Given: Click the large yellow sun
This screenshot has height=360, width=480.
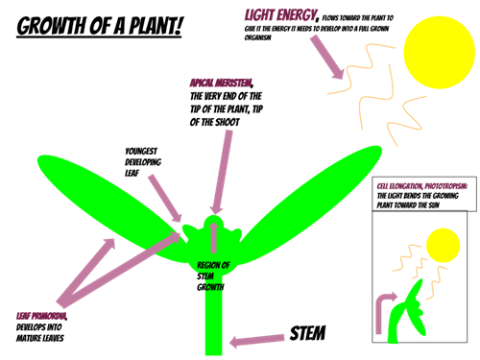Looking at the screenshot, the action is (x=439, y=52).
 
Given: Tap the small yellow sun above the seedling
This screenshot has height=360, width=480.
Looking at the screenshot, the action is (x=443, y=245).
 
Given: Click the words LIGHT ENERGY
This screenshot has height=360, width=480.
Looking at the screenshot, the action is (x=280, y=15).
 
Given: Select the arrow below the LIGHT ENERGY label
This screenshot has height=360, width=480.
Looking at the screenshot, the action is (x=326, y=57).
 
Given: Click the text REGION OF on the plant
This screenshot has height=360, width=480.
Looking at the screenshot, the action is (x=213, y=265).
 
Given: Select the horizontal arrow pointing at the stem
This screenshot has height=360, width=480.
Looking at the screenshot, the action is (x=257, y=340).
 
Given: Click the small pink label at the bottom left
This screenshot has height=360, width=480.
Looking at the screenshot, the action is (x=40, y=315).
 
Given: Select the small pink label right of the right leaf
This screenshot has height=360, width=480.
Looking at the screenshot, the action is (x=421, y=185).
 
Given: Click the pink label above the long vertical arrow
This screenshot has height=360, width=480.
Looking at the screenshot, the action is (x=220, y=84).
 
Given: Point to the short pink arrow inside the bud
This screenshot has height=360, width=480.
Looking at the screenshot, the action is (x=213, y=237).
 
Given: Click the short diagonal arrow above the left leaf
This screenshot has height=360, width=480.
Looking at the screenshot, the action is (x=164, y=198).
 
